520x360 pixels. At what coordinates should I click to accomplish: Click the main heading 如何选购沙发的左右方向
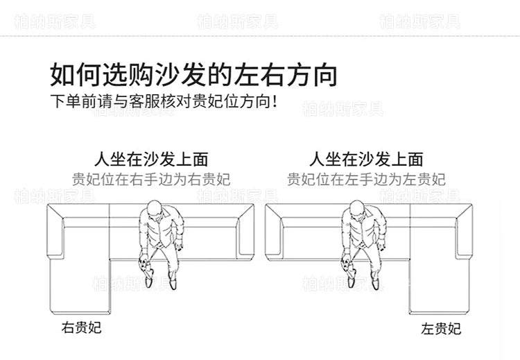(193, 75)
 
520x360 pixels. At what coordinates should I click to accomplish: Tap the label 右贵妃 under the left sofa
(81, 327)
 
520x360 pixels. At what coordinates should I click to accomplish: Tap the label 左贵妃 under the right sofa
(441, 329)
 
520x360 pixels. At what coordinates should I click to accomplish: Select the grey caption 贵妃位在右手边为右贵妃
(151, 179)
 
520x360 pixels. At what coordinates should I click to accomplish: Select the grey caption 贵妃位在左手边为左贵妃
(366, 179)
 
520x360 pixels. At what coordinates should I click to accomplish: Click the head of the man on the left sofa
(155, 208)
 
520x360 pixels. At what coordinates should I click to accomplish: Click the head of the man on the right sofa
(357, 208)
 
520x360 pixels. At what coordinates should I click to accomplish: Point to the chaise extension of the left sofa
(79, 286)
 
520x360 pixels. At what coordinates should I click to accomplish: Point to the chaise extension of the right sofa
(440, 286)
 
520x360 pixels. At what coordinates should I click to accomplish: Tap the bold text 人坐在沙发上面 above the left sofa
(151, 160)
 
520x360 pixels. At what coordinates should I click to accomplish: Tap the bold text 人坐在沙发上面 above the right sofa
(366, 160)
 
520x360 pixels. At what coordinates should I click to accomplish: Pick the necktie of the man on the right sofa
(365, 232)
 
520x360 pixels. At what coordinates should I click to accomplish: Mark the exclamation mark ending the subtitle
(274, 101)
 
